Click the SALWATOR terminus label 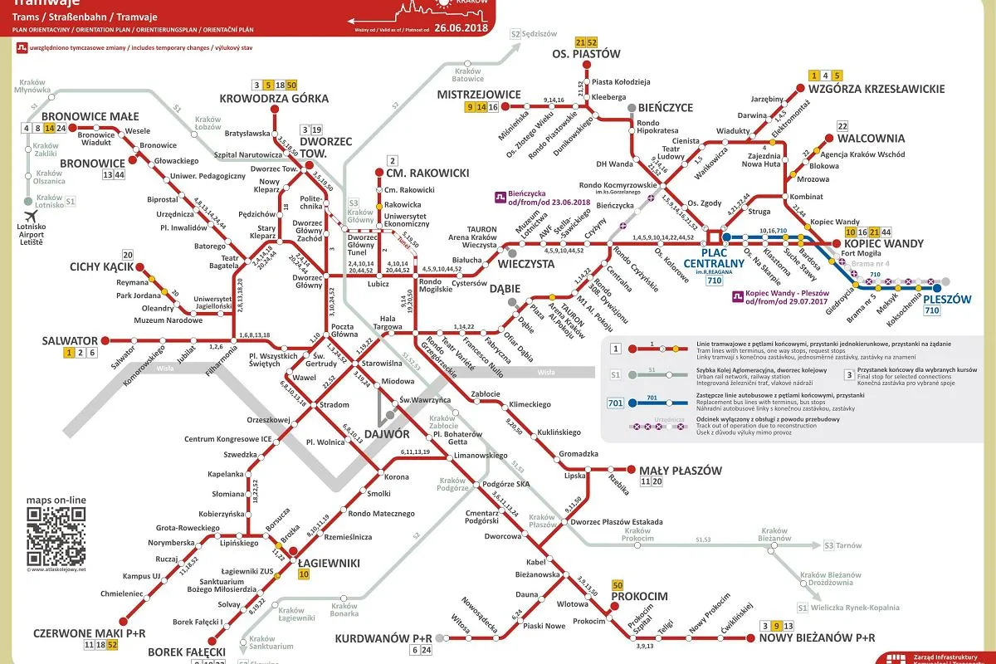[70, 340]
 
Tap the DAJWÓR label [386, 433]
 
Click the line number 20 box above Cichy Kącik [127, 255]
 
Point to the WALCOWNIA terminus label [871, 139]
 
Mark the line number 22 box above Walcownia [842, 126]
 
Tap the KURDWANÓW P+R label [383, 637]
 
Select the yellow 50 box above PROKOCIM [617, 584]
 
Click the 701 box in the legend [615, 403]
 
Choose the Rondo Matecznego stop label [381, 513]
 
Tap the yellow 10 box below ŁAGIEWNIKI [304, 574]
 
